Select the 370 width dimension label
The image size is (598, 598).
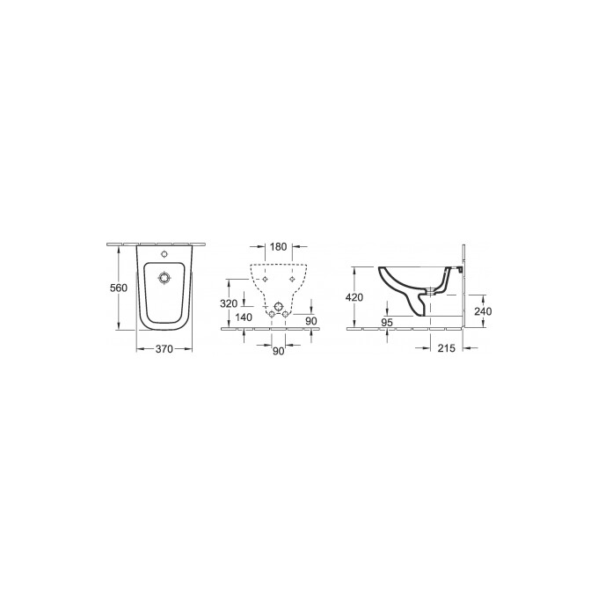[x=164, y=349]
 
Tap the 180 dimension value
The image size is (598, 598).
[x=278, y=247]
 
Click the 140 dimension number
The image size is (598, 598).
[x=244, y=317]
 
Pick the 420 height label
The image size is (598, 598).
[x=354, y=297]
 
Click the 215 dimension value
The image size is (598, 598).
[x=446, y=349]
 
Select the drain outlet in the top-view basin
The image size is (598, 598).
[x=164, y=278]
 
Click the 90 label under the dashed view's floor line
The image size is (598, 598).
[x=278, y=351]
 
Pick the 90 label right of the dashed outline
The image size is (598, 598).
[x=310, y=321]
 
